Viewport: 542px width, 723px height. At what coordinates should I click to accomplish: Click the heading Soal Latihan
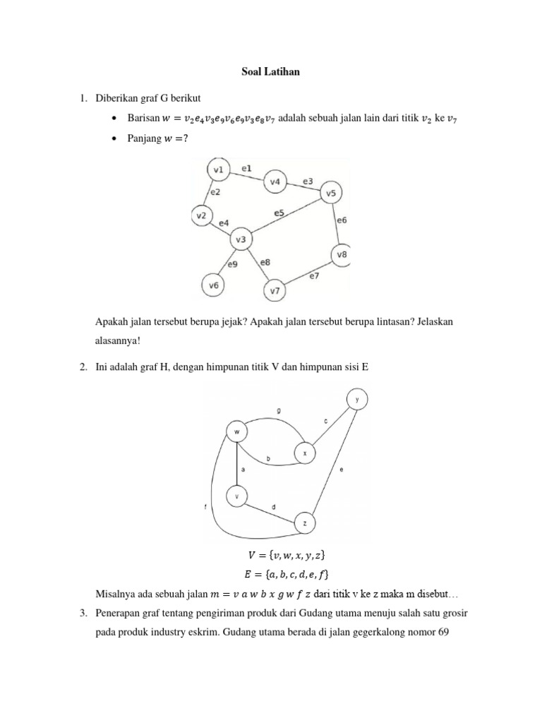point(270,71)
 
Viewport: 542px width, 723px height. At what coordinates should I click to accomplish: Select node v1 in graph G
point(218,170)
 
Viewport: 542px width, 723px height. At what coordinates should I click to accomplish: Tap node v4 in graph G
point(275,182)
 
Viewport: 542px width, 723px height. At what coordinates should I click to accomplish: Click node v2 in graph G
point(202,215)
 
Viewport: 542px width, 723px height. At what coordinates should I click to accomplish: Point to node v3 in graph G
point(241,240)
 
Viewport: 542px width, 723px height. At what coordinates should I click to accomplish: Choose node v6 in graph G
point(214,285)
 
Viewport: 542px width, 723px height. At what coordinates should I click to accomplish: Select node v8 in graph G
point(342,254)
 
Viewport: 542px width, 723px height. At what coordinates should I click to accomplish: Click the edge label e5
point(279,213)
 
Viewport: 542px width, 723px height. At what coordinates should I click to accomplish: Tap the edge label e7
point(315,275)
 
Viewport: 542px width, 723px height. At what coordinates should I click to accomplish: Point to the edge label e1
point(246,169)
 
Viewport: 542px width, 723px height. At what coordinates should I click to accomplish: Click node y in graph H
point(357,400)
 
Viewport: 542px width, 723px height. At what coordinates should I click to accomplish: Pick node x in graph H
point(305,453)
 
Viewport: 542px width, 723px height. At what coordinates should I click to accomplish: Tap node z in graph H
point(304,523)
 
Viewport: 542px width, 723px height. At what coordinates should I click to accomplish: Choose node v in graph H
point(237,497)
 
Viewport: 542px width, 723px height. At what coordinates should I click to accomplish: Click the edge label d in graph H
point(274,506)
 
